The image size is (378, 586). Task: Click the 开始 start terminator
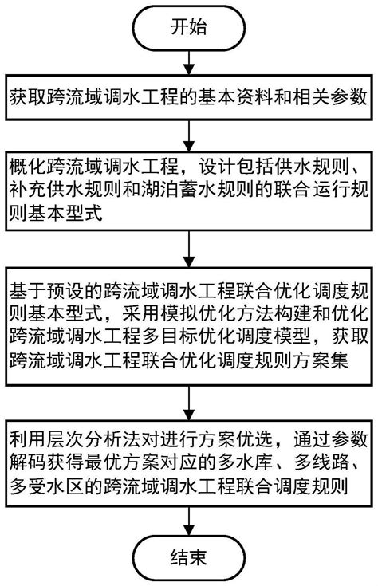(x=188, y=29)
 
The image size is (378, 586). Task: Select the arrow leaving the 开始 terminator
(x=188, y=63)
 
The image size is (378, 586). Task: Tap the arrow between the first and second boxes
(x=188, y=132)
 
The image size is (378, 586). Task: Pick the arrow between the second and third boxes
(x=188, y=250)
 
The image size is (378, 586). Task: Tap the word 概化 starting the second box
(x=29, y=168)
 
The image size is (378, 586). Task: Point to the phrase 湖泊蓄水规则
(x=199, y=191)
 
